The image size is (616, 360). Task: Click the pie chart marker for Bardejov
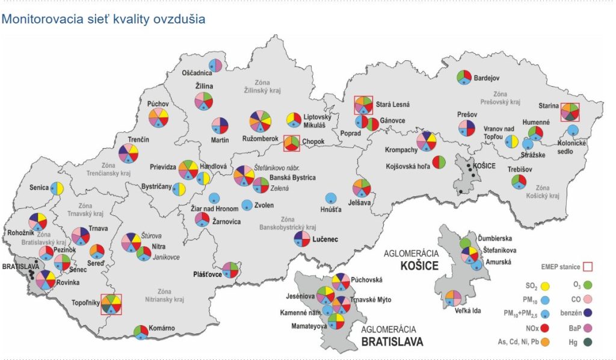(463, 78)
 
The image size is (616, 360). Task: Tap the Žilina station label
(203, 86)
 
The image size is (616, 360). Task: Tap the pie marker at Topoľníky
(111, 304)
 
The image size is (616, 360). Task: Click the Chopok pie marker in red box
(291, 143)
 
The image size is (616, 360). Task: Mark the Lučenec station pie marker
(302, 239)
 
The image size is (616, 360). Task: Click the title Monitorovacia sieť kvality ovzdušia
(103, 19)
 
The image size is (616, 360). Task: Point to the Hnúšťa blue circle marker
(330, 198)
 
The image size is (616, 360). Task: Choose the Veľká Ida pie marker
(453, 297)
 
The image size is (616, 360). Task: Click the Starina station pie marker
(570, 111)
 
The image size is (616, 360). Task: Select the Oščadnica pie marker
(215, 66)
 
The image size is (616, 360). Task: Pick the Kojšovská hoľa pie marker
(438, 163)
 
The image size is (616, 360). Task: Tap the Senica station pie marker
(57, 188)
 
